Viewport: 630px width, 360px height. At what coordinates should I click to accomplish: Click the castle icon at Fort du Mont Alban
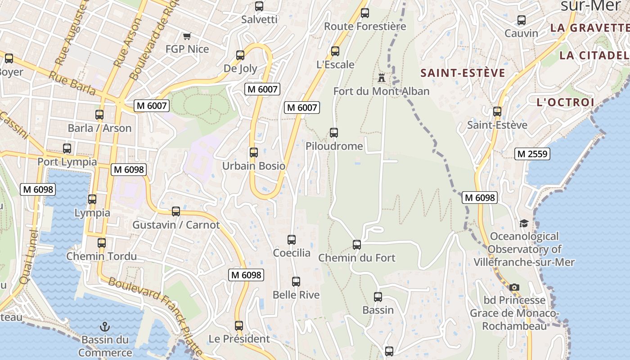point(382,77)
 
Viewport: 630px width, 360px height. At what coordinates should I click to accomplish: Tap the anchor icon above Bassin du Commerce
point(105,327)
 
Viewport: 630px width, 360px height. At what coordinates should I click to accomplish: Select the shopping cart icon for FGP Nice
point(187,36)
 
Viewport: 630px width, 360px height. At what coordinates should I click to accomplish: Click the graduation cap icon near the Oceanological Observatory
point(524,223)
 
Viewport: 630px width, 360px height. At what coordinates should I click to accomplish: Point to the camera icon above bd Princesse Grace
point(514,287)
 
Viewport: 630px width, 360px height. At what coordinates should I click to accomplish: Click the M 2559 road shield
point(532,154)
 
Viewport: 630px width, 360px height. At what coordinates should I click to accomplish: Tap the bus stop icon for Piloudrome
point(334,133)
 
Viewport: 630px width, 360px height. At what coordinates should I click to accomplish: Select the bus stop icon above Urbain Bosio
point(254,153)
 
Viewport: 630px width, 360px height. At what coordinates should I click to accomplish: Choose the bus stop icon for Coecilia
point(292,239)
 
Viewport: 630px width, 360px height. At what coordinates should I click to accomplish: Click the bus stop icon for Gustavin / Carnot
point(176,211)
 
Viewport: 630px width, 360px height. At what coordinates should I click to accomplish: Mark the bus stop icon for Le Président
point(239,325)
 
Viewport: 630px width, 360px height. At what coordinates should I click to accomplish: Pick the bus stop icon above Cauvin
point(522,20)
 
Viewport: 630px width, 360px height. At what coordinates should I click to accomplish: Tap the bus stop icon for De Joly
point(240,55)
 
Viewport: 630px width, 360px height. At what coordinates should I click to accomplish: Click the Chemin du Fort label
point(357,258)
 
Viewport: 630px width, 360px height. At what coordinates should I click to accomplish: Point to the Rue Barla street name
point(72,83)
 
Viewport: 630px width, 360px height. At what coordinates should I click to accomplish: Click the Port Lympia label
point(67,162)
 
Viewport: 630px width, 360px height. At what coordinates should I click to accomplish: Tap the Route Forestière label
point(365,27)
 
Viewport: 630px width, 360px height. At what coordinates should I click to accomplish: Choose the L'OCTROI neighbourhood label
point(566,102)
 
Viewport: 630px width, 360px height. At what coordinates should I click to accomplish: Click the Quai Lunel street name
point(28,256)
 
